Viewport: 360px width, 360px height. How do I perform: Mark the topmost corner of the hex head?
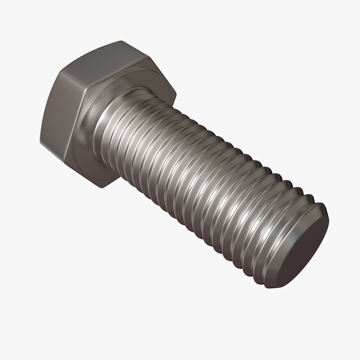tap(121, 41)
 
